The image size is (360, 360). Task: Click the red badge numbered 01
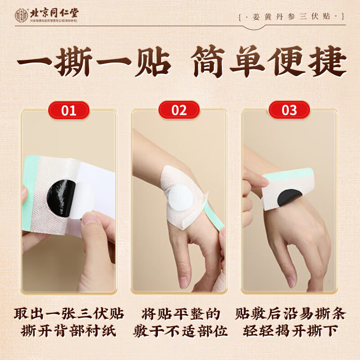coord(69,110)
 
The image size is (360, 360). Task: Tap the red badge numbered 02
coord(179,110)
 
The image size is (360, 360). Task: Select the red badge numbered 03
coord(289,110)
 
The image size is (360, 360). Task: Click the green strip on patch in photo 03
coord(288,173)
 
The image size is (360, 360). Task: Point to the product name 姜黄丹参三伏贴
coord(292,17)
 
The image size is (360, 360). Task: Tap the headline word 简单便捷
coord(269,64)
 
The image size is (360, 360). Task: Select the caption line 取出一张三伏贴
coord(69,314)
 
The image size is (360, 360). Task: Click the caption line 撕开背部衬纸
coord(69,332)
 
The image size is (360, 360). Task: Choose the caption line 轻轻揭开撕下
coord(290,332)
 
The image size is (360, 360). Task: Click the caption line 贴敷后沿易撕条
coord(290,314)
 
